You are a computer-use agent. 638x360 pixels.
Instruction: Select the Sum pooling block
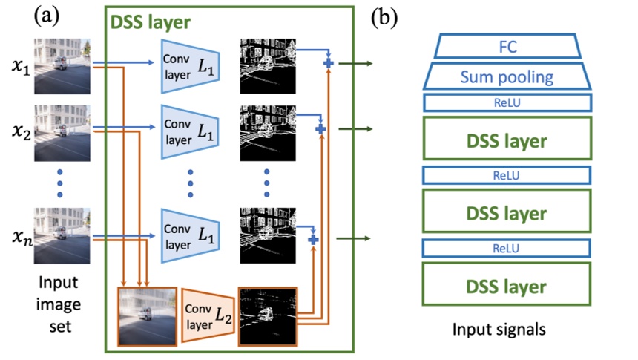point(507,76)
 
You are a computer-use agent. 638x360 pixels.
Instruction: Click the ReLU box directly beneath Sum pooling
point(507,102)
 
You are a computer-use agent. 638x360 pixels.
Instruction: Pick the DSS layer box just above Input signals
point(507,285)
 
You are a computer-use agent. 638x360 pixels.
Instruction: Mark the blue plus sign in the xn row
point(313,240)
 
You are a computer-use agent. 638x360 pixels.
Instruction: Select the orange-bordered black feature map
point(267,316)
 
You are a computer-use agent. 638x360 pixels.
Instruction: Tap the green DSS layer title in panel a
point(150,23)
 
